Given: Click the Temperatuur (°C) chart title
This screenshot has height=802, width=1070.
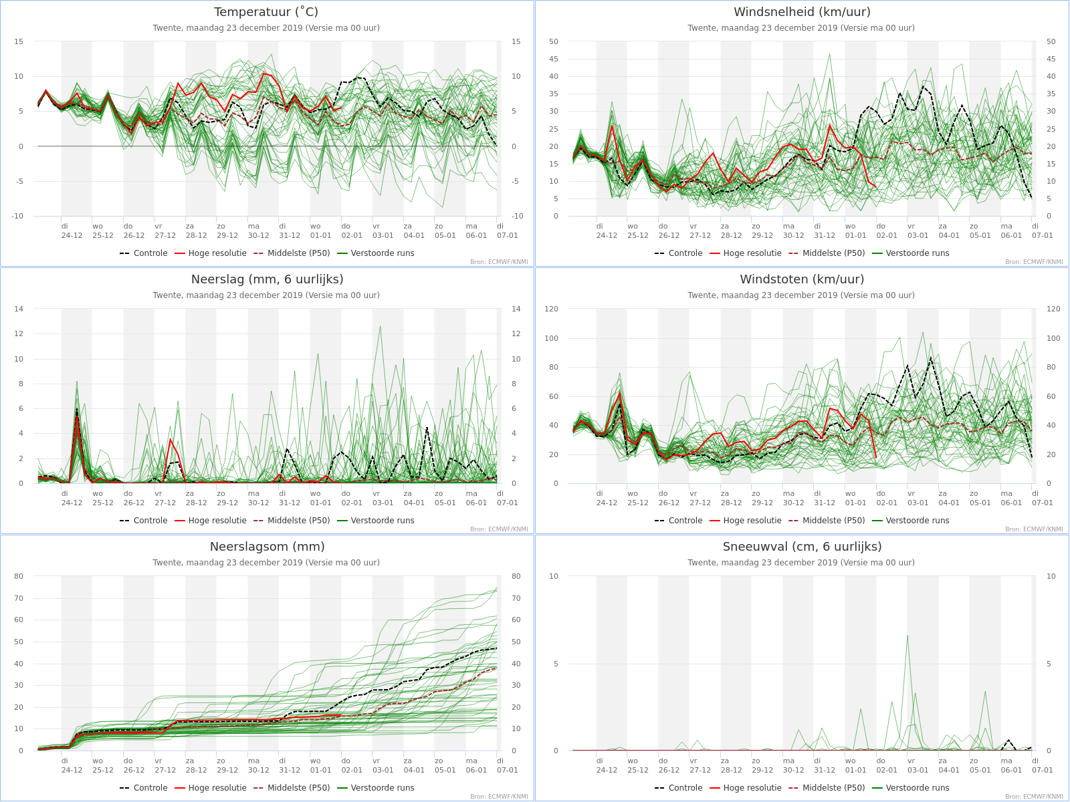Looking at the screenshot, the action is click(x=266, y=11).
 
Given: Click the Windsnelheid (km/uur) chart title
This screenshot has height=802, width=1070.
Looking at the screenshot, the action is click(x=802, y=11).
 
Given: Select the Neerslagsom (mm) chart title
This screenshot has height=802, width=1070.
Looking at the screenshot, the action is click(x=267, y=546).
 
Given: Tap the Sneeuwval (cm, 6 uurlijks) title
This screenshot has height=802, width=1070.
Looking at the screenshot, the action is click(x=802, y=546).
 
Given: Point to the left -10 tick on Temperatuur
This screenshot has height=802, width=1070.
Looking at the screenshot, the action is click(x=17, y=216).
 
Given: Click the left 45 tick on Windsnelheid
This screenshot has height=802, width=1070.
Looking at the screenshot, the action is click(x=553, y=59).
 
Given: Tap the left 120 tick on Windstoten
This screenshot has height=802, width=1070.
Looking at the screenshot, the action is click(x=551, y=309).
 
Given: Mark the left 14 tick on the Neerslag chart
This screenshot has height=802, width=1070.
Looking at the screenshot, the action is click(x=19, y=309).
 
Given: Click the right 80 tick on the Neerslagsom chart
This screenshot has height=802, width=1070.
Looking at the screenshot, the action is click(x=516, y=576).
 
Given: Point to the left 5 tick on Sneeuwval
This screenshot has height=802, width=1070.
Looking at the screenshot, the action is click(x=556, y=664).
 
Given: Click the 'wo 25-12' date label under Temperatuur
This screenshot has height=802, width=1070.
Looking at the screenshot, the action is click(x=102, y=231).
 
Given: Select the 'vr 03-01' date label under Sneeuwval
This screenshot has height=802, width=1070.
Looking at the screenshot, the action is click(x=918, y=765).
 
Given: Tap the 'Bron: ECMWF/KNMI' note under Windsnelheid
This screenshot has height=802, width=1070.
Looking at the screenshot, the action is click(x=1034, y=262).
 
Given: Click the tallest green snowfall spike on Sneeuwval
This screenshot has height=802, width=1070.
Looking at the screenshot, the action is click(x=907, y=636).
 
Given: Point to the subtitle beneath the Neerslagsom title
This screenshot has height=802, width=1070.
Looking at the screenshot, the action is click(x=266, y=563).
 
